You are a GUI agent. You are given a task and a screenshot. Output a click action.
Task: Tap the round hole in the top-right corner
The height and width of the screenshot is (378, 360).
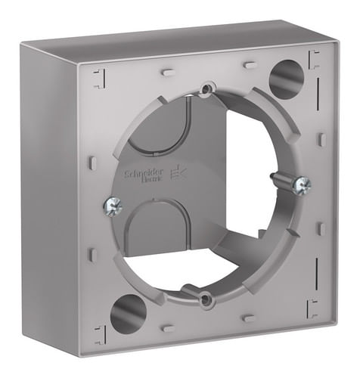286,79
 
